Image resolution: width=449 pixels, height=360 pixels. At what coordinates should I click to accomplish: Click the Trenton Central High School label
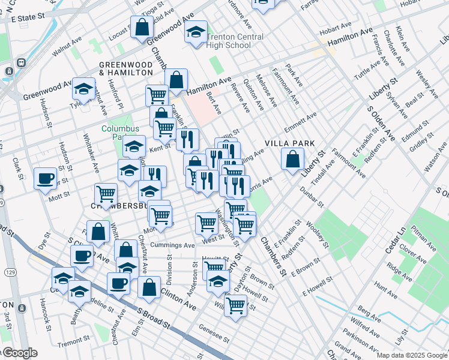(228, 41)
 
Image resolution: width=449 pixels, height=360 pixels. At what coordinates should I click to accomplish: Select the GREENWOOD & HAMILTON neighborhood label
(126, 68)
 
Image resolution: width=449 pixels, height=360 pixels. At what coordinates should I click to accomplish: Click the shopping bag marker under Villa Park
(292, 160)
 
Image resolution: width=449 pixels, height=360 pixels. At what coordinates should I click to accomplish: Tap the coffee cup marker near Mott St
(46, 178)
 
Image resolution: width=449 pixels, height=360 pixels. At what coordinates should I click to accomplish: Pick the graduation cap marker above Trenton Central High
(196, 32)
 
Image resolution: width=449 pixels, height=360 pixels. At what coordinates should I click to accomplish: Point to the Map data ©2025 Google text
(411, 355)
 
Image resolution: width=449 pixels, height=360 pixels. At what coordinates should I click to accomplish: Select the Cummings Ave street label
(173, 245)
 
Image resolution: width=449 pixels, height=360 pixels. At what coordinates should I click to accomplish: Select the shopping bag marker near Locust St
(142, 28)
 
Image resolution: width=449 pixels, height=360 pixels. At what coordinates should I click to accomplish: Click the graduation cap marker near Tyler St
(83, 89)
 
